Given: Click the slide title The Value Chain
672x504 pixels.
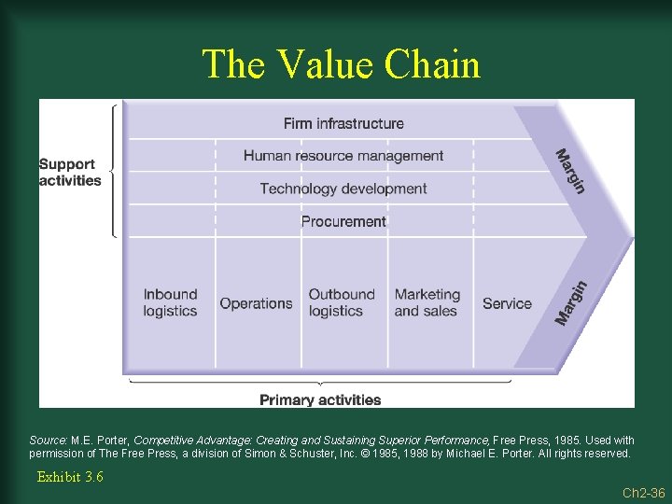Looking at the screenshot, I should (341, 64).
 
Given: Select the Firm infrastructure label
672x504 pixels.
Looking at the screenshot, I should (343, 123).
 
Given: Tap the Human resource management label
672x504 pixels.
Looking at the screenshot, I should (343, 156).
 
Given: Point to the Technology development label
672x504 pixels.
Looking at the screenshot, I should (343, 189).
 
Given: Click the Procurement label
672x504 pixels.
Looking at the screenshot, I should (343, 221).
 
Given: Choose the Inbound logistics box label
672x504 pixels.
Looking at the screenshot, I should (170, 302).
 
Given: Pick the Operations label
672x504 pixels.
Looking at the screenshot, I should (256, 303).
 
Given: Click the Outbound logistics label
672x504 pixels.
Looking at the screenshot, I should (342, 302).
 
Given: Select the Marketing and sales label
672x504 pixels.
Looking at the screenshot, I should (427, 302).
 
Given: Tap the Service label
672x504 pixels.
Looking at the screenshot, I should (507, 303).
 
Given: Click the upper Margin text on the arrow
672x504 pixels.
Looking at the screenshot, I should (570, 172).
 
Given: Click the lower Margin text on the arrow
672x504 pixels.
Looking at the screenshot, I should (571, 303).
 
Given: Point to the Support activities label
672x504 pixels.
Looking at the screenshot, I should (70, 173).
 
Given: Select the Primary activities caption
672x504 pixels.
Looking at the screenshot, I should (320, 400).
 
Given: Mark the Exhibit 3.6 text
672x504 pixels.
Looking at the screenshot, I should (70, 477).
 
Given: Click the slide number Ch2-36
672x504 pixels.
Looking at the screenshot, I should (644, 492).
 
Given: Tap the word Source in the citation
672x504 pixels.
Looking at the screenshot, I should (48, 441).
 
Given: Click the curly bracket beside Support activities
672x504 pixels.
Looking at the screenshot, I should (114, 171).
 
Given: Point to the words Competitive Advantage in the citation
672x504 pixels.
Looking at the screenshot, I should (187, 441).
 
